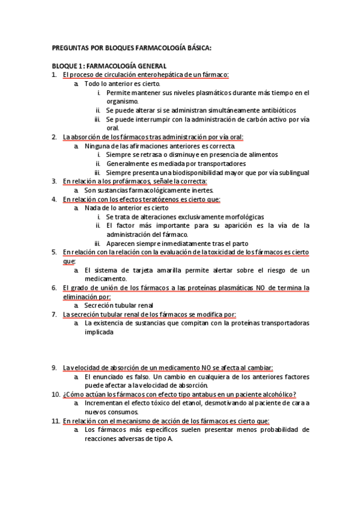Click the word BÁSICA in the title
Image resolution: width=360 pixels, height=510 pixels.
(x=199, y=48)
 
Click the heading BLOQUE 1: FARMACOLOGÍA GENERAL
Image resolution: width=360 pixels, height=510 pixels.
(x=109, y=66)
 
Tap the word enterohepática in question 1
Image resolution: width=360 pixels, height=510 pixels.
(x=158, y=75)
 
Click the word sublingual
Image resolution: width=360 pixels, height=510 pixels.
(x=293, y=173)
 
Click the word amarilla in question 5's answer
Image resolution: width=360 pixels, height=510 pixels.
(x=163, y=270)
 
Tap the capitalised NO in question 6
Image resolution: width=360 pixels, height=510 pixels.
(x=261, y=288)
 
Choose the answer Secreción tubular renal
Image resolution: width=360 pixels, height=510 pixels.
(x=119, y=306)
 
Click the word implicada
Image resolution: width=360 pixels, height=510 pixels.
(x=99, y=332)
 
